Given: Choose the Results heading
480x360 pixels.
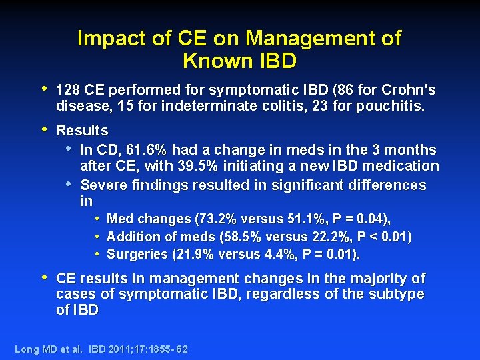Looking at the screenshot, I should pos(82,131).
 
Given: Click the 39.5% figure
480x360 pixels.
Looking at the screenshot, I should pos(201,166).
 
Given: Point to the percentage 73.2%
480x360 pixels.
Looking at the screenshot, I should pos(212,219).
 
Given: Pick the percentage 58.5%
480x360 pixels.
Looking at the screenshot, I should pos(239,237).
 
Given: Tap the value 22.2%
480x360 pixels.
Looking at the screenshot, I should pos(333,237).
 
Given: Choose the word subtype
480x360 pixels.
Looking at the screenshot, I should pos(398,294).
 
